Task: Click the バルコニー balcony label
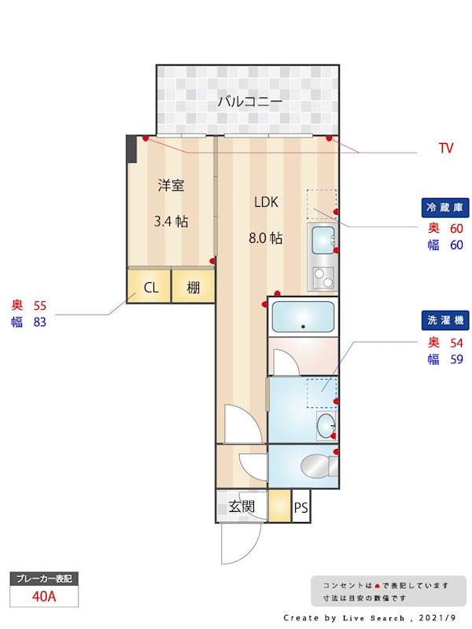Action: tap(249, 101)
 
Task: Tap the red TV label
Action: tap(445, 148)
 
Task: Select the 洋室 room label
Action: tap(171, 186)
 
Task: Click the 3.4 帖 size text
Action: tap(171, 221)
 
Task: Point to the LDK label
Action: tap(266, 202)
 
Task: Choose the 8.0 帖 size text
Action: tap(266, 238)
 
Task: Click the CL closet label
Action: tap(151, 288)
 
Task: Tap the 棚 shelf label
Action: tap(194, 288)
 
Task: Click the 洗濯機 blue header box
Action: tap(445, 321)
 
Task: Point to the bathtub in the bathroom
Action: tap(303, 318)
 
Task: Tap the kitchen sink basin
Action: tap(323, 239)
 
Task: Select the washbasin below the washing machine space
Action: tap(324, 427)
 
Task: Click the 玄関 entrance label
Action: tap(242, 506)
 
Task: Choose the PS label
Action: tap(301, 508)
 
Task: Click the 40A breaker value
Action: tap(44, 596)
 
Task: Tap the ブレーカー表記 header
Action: tap(44, 579)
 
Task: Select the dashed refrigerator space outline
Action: tap(320, 204)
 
